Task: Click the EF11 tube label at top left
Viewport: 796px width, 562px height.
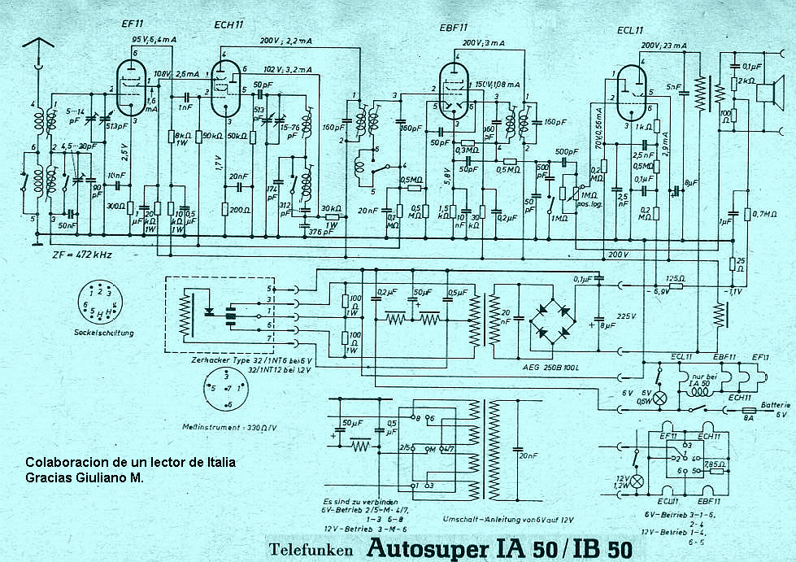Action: coord(133,24)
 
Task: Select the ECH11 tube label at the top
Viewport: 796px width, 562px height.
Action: coord(230,24)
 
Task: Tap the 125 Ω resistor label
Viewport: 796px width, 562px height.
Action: coord(676,279)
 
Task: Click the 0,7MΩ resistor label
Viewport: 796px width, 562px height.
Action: coord(765,213)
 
